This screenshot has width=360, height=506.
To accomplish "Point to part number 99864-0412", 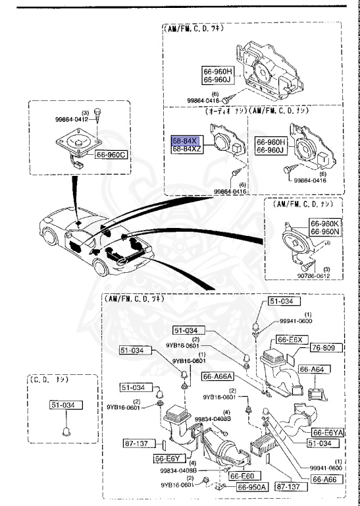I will [76, 120].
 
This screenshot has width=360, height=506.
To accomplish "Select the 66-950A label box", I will [253, 487].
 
